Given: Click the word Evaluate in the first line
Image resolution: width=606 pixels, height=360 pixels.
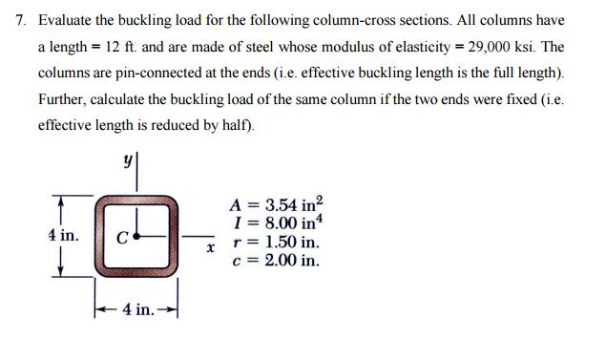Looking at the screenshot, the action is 65,20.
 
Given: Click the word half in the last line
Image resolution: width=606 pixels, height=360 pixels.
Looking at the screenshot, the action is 237,125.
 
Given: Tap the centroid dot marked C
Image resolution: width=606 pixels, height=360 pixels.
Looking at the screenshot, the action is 137,234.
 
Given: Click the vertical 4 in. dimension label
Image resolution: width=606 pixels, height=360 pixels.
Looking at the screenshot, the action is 63,235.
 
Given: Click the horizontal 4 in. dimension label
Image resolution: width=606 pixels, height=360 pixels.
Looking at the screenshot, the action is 135,309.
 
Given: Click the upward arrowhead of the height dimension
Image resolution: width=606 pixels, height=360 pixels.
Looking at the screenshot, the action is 62,201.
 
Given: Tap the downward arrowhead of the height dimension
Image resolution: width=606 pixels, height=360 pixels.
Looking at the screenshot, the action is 62,270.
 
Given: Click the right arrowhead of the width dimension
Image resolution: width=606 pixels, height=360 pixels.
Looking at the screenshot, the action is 172,307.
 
